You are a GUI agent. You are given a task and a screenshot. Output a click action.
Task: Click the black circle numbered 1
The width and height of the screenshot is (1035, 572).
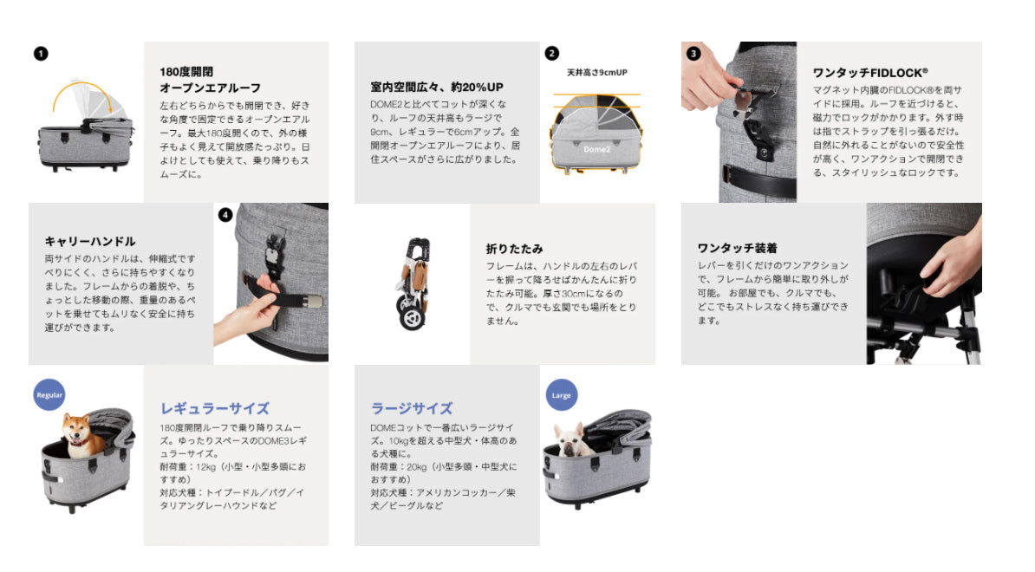click(x=41, y=54)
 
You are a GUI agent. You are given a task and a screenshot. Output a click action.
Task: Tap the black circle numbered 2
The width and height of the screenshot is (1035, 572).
click(x=552, y=54)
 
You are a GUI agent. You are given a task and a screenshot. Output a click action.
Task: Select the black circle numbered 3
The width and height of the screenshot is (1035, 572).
click(x=693, y=54)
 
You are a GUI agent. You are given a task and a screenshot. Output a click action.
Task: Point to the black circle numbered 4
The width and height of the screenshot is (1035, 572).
click(x=225, y=214)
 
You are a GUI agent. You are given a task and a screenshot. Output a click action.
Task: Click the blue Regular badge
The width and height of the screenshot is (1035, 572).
click(x=49, y=394)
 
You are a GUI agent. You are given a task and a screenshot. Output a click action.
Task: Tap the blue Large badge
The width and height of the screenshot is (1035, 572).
click(x=561, y=394)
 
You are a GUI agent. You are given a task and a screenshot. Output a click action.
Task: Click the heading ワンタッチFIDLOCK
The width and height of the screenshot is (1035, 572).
click(x=870, y=73)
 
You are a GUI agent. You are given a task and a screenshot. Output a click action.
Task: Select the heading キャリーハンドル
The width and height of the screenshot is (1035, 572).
click(x=90, y=242)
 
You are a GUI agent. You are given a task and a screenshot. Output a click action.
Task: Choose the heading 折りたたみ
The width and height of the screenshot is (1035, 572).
click(x=514, y=249)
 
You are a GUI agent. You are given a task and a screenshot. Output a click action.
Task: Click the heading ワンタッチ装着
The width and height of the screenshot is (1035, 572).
click(x=738, y=248)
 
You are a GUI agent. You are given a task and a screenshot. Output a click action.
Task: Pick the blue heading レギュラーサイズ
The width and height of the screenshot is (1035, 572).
click(x=215, y=408)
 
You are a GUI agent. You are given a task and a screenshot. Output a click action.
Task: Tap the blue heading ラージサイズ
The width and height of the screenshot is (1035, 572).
click(x=412, y=408)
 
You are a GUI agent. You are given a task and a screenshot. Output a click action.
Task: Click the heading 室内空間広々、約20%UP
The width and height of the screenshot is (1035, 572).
click(x=436, y=87)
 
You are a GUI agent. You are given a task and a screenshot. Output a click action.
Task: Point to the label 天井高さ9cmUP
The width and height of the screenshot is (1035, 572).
click(x=596, y=73)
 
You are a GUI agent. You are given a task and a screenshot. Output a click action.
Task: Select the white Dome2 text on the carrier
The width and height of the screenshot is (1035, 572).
click(x=596, y=150)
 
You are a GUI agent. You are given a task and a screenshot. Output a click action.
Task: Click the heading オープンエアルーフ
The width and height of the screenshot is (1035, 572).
click(x=210, y=88)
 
